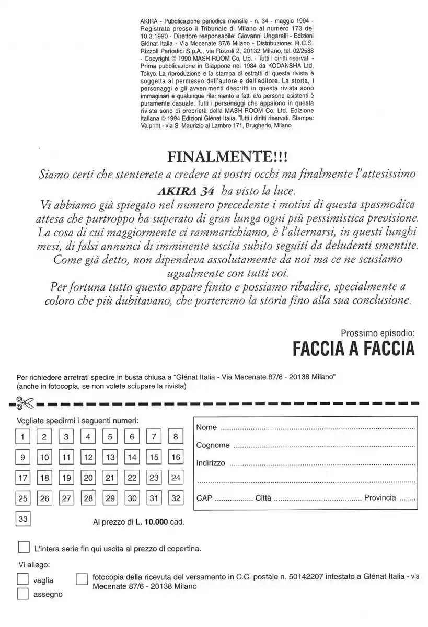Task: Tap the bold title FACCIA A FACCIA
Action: pyautogui.click(x=353, y=349)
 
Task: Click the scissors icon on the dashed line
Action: pyautogui.click(x=24, y=403)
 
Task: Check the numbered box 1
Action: pyautogui.click(x=22, y=437)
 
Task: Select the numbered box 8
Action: pyautogui.click(x=176, y=437)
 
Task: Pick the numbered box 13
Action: pyautogui.click(x=110, y=457)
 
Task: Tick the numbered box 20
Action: pyautogui.click(x=88, y=478)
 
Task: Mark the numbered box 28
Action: pyautogui.click(x=88, y=498)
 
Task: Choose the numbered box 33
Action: pyautogui.click(x=22, y=519)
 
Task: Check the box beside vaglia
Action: pyautogui.click(x=22, y=579)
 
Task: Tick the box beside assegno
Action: pyautogui.click(x=22, y=594)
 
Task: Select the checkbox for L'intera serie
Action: pyautogui.click(x=24, y=548)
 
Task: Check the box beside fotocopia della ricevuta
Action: pyautogui.click(x=82, y=579)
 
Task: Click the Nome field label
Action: pyautogui.click(x=206, y=427)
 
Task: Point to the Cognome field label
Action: pyautogui.click(x=213, y=445)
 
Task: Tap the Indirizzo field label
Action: pyautogui.click(x=211, y=463)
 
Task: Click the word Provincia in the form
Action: pyautogui.click(x=380, y=497)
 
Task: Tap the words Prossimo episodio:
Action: pyautogui.click(x=377, y=332)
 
